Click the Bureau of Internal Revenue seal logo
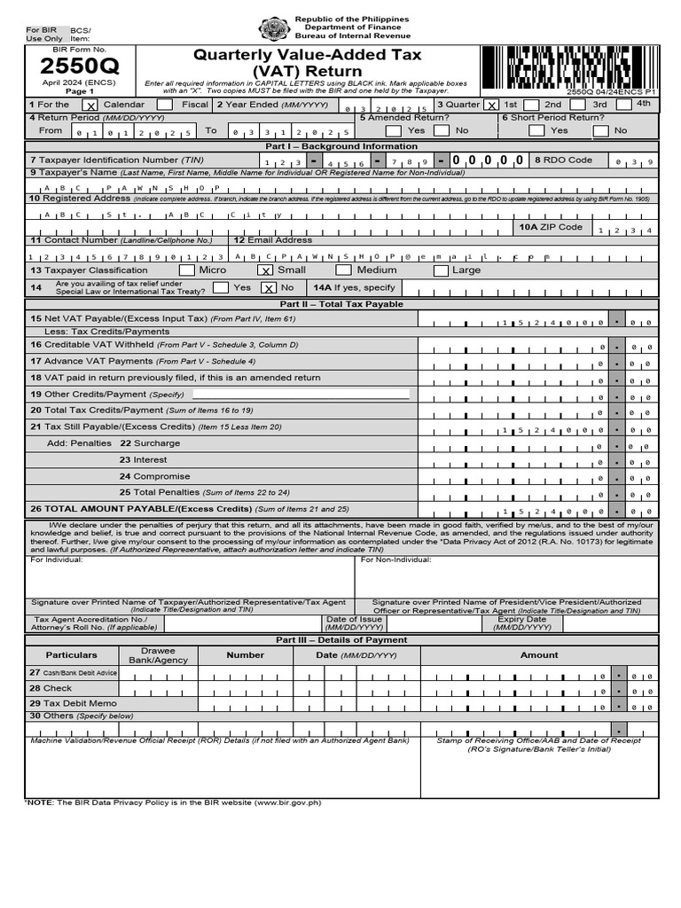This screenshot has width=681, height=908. tap(273, 29)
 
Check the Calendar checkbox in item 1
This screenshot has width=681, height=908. tap(90, 105)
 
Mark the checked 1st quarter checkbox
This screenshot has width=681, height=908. tap(492, 105)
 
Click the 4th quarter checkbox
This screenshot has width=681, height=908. tap(623, 105)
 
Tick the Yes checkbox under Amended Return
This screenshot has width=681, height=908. tap(393, 130)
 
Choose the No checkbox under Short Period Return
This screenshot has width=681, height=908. tap(600, 130)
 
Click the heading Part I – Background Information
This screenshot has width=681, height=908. tap(341, 146)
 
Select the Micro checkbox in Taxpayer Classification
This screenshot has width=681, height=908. tap(187, 270)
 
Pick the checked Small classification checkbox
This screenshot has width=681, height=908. tap(265, 270)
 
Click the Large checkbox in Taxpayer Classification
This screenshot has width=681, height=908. tap(441, 270)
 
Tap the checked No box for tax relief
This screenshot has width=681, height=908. tap(269, 288)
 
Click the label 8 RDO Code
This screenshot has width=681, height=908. tap(563, 160)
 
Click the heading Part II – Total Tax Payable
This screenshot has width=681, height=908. tap(341, 304)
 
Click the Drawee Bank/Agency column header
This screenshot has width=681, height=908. tap(158, 655)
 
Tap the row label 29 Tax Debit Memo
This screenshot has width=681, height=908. tap(73, 703)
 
